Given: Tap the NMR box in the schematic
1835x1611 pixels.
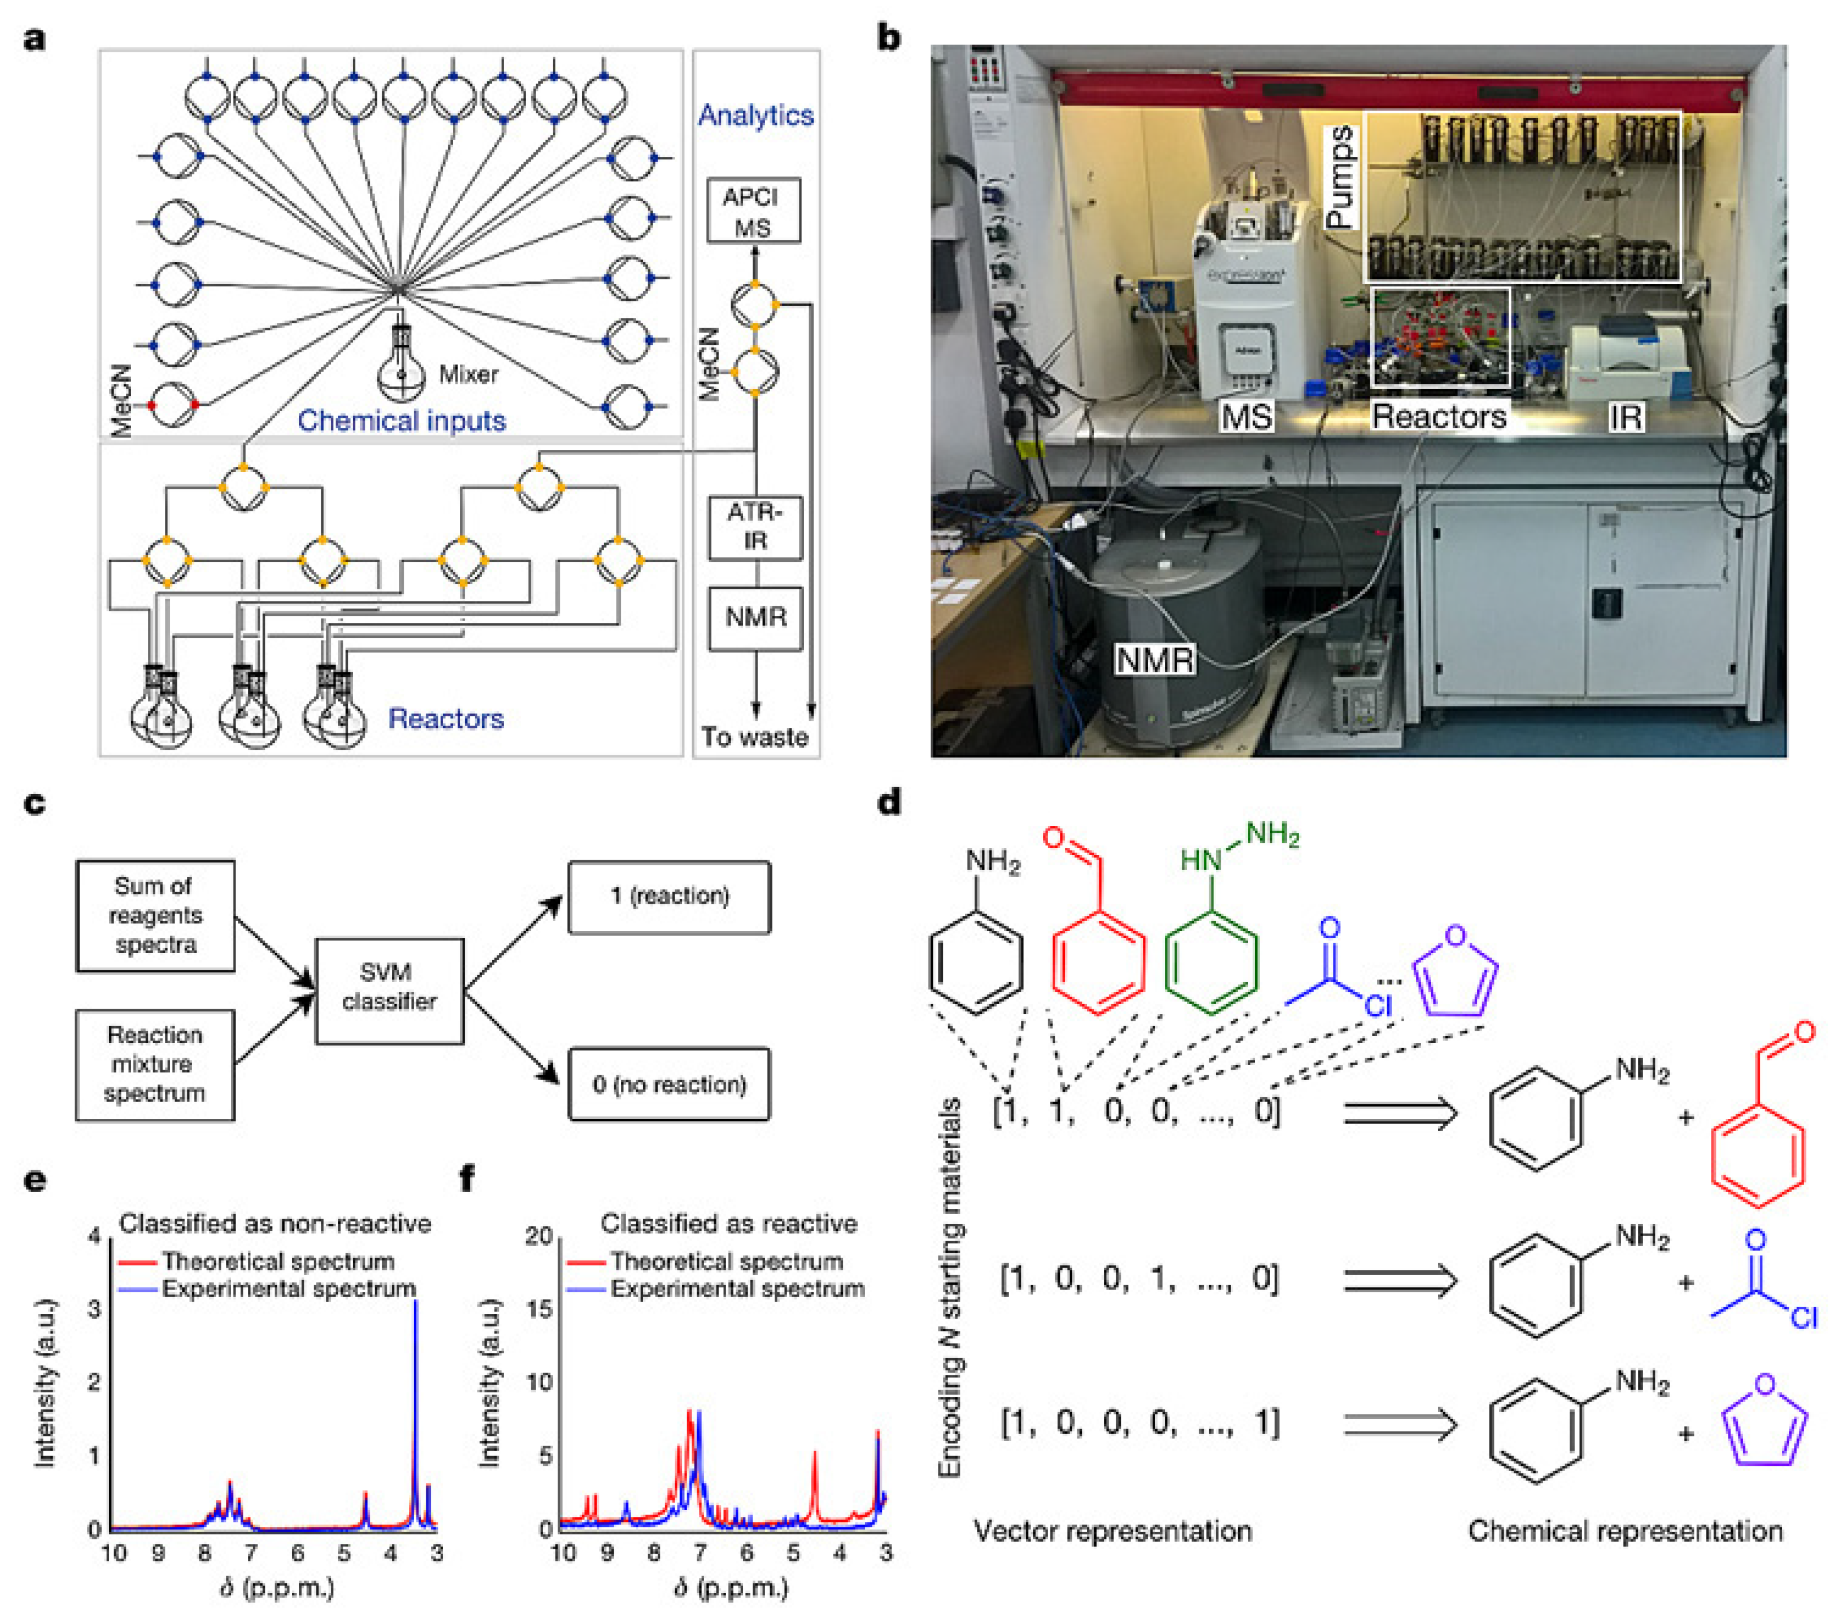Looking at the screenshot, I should pos(754,618).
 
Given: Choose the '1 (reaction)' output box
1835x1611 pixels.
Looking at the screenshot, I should pos(669,896).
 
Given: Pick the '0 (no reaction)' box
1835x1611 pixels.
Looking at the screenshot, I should pos(669,1084).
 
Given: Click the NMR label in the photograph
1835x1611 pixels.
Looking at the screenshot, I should pos(1155,660).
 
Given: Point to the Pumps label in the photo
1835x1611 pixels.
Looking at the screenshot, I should pos(1339,177).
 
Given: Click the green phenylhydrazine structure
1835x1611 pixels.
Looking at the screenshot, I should pos(1212,934).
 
